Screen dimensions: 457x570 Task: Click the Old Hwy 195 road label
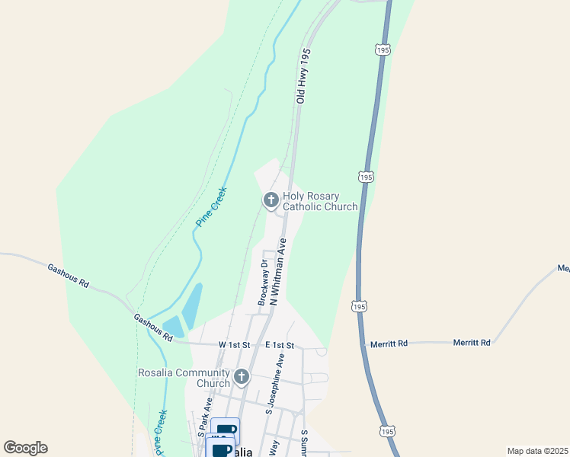click(304, 76)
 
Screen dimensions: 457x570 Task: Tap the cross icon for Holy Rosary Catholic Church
click(270, 200)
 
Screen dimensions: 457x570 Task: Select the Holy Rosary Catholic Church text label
click(320, 201)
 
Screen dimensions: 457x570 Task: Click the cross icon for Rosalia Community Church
click(242, 376)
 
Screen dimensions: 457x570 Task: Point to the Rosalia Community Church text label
click(184, 378)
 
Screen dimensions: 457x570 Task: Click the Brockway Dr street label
click(264, 283)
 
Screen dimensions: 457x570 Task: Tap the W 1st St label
click(233, 344)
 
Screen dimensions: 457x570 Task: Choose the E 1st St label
click(280, 345)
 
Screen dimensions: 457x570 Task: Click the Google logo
click(25, 448)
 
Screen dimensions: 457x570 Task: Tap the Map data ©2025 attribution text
click(536, 451)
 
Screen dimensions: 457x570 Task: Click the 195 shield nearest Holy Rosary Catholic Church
click(366, 177)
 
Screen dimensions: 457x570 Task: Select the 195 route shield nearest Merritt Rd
click(359, 306)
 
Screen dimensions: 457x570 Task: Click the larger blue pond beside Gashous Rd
click(192, 305)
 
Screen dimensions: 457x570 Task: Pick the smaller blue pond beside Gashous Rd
click(173, 326)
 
